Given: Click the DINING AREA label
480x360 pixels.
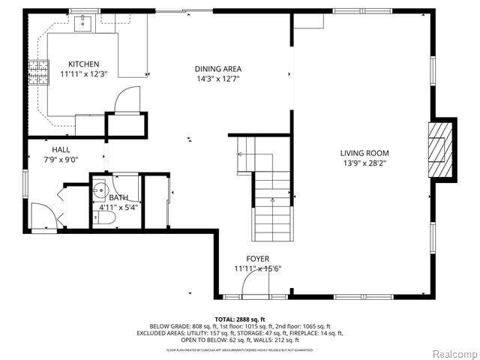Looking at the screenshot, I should pos(218,69).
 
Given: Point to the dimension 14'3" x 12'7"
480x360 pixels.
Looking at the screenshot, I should pos(218,79).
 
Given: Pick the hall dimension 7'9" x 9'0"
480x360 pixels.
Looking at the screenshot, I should pos(61,159).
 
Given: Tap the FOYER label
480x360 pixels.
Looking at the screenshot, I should pos(257,259).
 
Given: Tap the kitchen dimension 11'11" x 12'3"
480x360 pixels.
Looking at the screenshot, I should pos(84,74).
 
